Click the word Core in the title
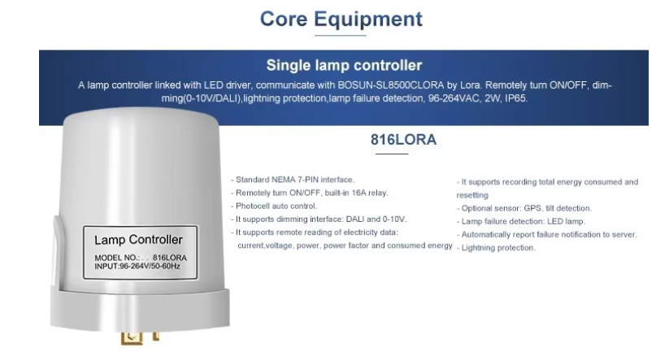pos(284,20)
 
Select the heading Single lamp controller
pos(344,65)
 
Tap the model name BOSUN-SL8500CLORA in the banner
pos(391,85)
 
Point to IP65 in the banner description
pos(516,98)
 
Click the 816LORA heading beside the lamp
pos(403,140)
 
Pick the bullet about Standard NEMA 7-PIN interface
pos(293,180)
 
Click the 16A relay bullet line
pos(310,193)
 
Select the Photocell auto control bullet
pos(274,206)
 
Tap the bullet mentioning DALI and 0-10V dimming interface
pos(319,219)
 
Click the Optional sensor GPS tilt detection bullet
pos(524,209)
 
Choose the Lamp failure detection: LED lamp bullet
pos(521,222)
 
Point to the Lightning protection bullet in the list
pos(496,248)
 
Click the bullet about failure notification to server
pos(547,235)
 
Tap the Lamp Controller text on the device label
pos(138,240)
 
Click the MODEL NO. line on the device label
pos(141,258)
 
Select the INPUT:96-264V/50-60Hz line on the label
pos(137,267)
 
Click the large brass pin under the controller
pos(132,338)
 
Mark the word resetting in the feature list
pos(472,195)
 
